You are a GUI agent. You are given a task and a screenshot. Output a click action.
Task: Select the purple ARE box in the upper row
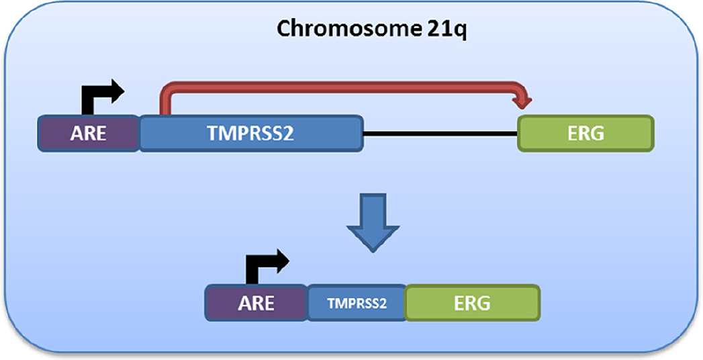(x=89, y=133)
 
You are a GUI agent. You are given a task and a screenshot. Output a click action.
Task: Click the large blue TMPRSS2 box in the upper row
(x=251, y=133)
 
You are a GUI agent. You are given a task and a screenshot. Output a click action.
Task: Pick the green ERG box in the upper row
(x=585, y=133)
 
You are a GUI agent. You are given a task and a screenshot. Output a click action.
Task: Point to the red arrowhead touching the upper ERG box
(x=522, y=101)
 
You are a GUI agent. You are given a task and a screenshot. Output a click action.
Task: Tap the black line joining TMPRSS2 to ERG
(x=440, y=134)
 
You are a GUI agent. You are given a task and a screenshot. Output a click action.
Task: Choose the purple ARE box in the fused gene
(x=256, y=302)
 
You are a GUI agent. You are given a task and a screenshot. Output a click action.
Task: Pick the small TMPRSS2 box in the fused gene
(x=357, y=302)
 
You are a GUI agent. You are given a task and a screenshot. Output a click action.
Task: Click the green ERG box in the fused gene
(x=471, y=302)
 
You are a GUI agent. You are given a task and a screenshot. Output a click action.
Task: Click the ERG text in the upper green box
(x=585, y=133)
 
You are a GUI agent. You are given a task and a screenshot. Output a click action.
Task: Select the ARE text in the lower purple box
(x=256, y=303)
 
